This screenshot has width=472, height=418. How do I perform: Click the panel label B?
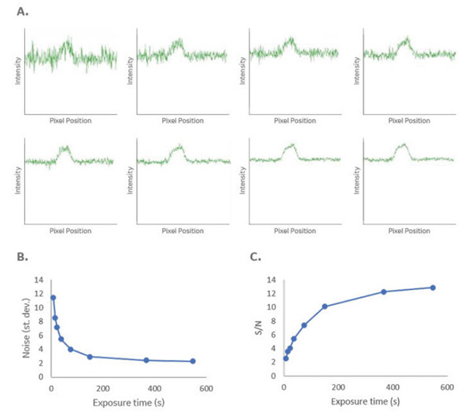(x=24, y=256)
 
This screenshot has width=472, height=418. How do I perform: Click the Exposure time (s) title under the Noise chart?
(x=126, y=402)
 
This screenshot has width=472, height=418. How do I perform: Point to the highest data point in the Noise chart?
(x=53, y=298)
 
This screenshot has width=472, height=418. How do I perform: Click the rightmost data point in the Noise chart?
(x=193, y=361)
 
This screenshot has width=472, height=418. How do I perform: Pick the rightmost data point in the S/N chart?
(x=433, y=288)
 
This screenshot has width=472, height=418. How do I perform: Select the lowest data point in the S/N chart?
(x=286, y=358)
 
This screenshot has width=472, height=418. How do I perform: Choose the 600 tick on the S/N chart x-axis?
(x=447, y=387)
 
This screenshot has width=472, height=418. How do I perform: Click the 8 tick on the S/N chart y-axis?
(x=272, y=321)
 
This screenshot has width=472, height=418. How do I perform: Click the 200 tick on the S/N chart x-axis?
(x=338, y=387)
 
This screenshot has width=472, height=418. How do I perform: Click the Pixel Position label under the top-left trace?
(x=72, y=120)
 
